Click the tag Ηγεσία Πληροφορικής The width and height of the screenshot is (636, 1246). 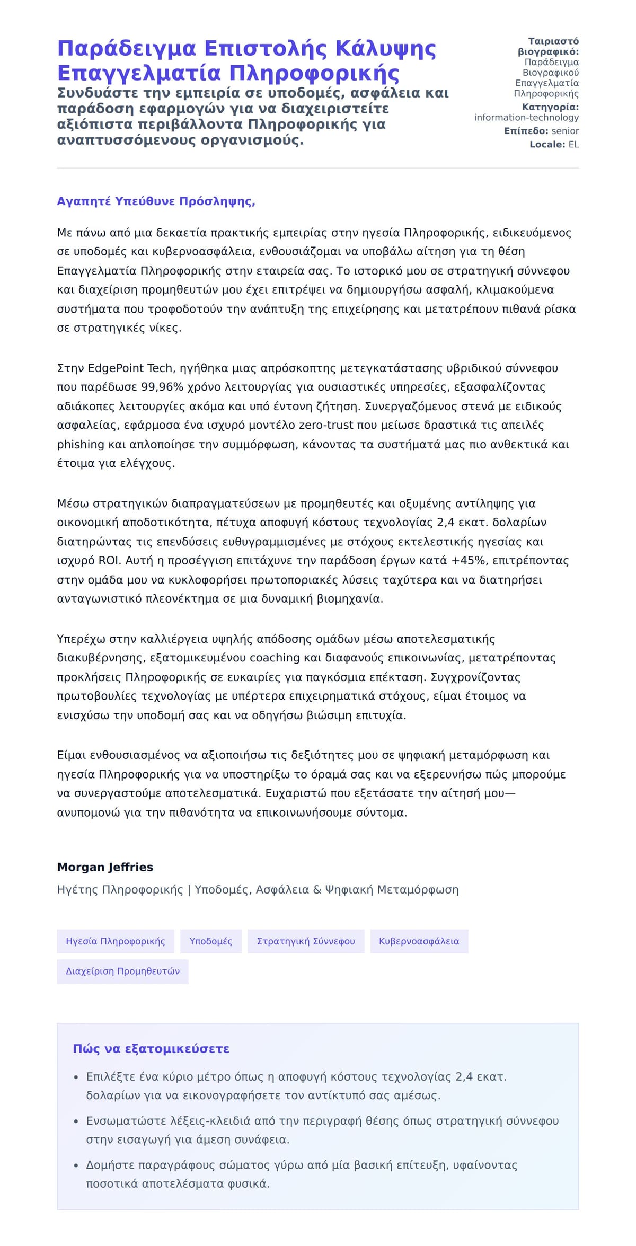(x=116, y=941)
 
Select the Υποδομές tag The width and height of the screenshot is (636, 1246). (x=211, y=941)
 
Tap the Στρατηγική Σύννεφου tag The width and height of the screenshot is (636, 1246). (x=306, y=941)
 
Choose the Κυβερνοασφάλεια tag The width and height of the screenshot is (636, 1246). (x=419, y=941)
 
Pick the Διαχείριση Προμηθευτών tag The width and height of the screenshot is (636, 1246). (x=122, y=971)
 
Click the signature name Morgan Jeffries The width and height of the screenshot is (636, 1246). (x=105, y=867)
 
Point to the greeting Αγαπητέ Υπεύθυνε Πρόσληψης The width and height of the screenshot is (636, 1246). (x=156, y=201)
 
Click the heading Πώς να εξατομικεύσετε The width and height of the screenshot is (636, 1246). (x=151, y=1049)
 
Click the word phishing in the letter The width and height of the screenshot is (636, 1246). (x=81, y=444)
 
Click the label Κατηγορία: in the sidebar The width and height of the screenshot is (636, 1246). (x=550, y=107)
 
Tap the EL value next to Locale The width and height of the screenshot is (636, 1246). (x=573, y=144)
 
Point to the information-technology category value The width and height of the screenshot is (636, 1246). (x=526, y=118)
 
